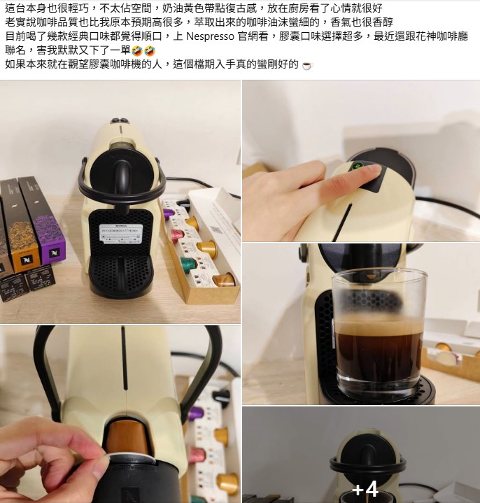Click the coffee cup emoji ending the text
[306, 65]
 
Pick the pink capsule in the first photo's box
[177, 235]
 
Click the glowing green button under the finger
[358, 167]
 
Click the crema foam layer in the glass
[379, 326]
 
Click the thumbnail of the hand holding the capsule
[120, 414]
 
